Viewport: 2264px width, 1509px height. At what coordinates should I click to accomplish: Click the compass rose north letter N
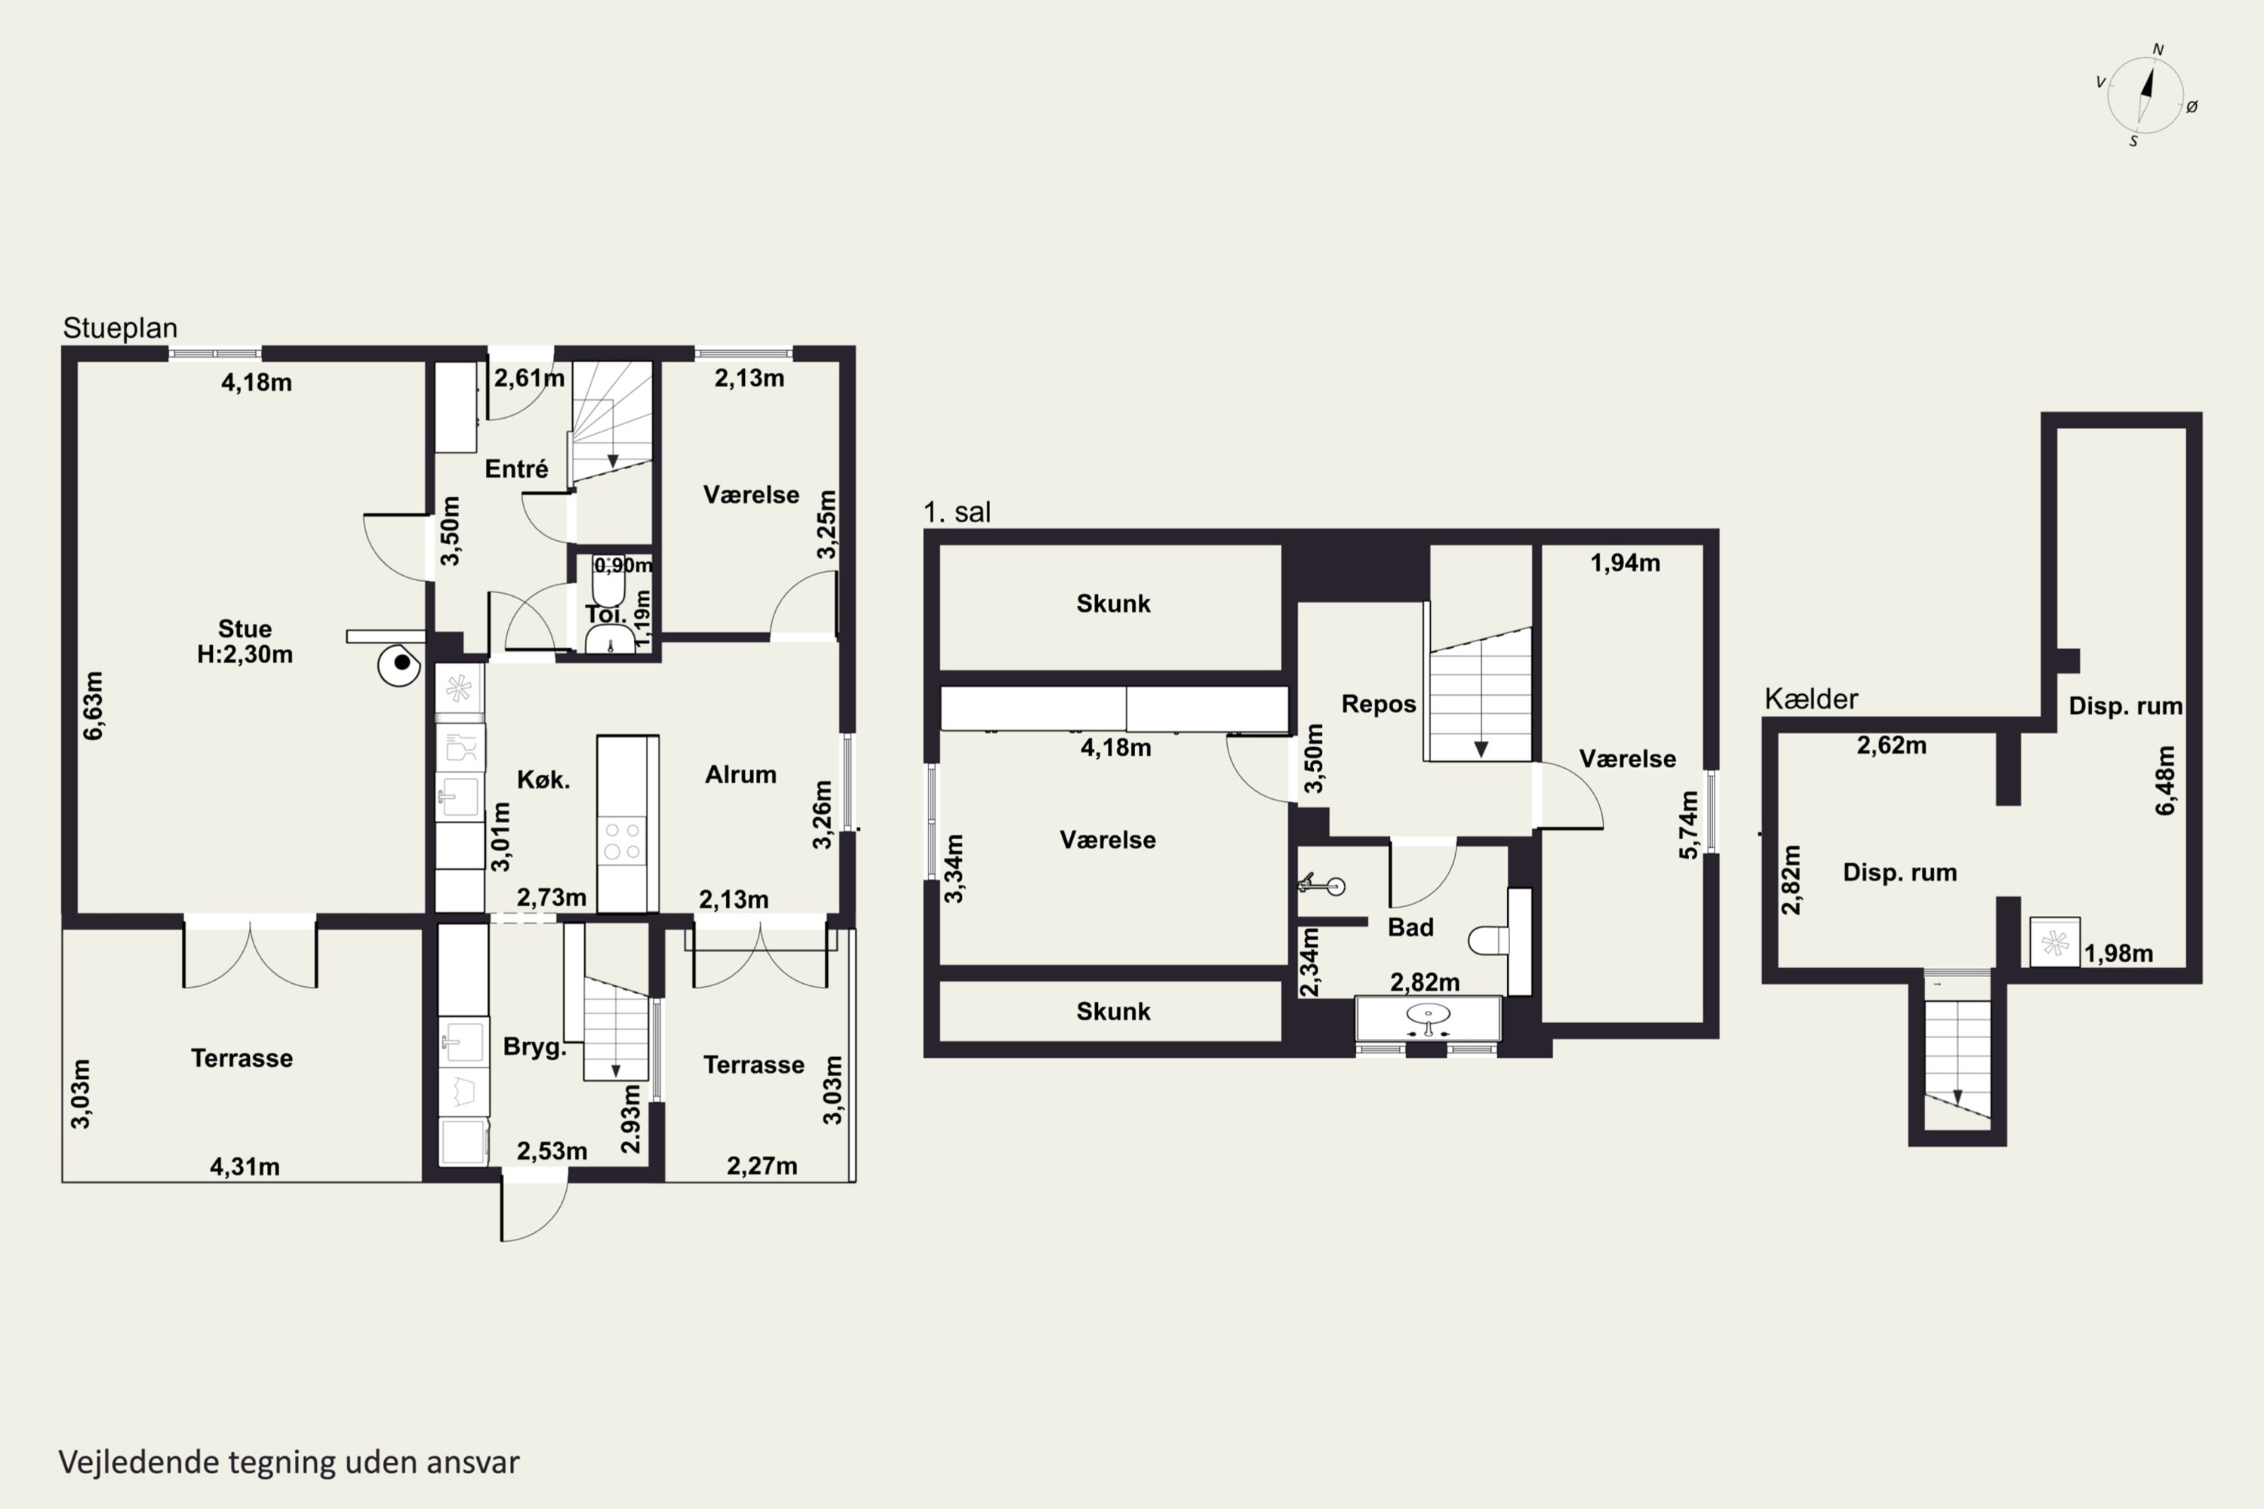2158,49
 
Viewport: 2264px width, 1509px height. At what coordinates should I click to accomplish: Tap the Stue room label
245,628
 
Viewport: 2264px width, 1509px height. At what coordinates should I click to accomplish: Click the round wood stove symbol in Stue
399,664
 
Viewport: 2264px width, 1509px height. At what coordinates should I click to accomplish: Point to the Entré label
517,469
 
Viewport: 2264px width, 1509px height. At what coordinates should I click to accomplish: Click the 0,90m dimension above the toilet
623,565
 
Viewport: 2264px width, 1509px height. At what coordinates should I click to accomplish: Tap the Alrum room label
740,775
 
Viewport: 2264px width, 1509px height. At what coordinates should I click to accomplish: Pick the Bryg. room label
534,1047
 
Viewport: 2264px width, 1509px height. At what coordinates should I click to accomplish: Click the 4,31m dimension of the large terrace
245,1166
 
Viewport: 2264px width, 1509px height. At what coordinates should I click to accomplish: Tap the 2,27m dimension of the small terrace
761,1166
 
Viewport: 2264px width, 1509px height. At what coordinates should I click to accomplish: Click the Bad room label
1410,927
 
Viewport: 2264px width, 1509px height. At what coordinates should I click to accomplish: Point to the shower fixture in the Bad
1323,884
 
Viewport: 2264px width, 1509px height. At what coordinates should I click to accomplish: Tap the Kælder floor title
1810,699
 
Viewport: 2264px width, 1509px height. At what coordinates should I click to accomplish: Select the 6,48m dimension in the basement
2165,780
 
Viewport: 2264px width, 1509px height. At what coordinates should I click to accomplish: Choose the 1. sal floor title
957,512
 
